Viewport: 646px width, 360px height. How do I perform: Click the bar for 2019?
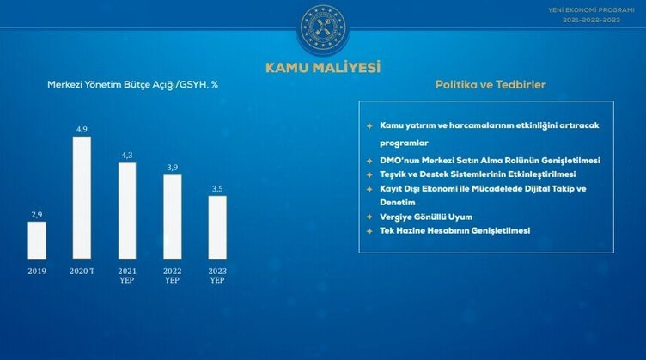pyautogui.click(x=36, y=240)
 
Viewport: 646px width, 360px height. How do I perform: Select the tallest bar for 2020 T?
pyautogui.click(x=82, y=197)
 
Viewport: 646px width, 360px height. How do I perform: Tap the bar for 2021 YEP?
pyautogui.click(x=126, y=210)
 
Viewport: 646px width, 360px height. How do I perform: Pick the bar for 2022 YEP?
pyautogui.click(x=172, y=217)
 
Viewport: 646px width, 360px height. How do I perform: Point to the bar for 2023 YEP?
pyautogui.click(x=217, y=227)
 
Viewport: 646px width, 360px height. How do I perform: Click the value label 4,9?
pyautogui.click(x=82, y=129)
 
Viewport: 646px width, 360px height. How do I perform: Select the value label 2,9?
pyautogui.click(x=36, y=215)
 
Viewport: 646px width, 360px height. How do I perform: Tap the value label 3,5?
pyautogui.click(x=217, y=189)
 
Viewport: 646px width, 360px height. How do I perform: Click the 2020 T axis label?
pyautogui.click(x=82, y=270)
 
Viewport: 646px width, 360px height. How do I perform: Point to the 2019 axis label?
pyautogui.click(x=36, y=270)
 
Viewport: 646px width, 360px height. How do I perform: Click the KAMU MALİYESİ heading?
pyautogui.click(x=323, y=66)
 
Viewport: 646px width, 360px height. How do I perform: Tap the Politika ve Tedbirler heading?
pyautogui.click(x=490, y=85)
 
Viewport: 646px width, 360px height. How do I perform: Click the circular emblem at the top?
pyautogui.click(x=322, y=27)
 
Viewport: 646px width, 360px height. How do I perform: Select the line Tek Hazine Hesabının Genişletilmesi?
pyautogui.click(x=454, y=231)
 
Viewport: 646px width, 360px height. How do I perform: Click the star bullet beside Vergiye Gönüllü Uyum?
pyautogui.click(x=369, y=217)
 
